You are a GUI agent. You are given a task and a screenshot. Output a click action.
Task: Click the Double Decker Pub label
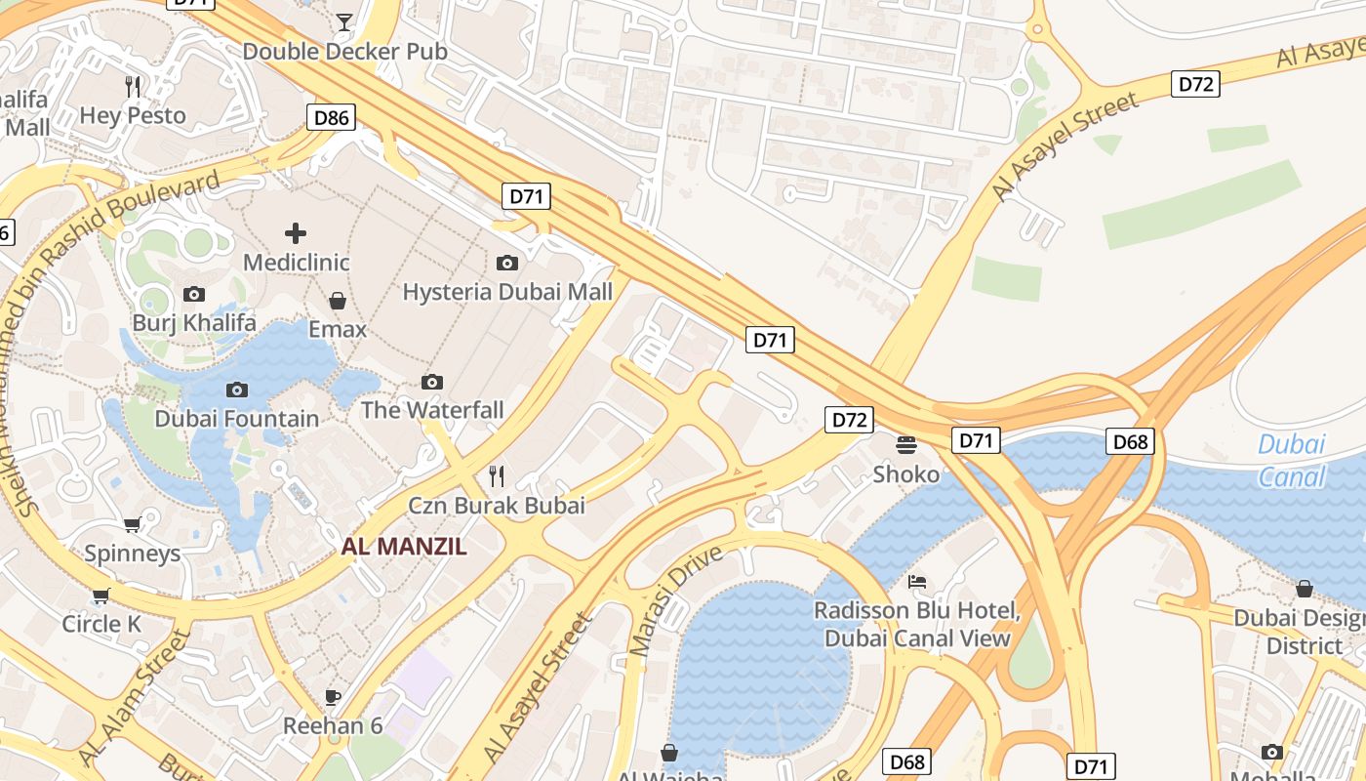[344, 51]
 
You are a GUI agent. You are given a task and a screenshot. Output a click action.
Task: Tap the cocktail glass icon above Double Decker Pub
[344, 21]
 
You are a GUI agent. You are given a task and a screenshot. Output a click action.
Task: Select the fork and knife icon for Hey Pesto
[134, 86]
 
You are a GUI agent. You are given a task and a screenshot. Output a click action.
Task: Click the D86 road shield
[331, 118]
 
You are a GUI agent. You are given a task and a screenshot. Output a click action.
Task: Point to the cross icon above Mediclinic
[296, 232]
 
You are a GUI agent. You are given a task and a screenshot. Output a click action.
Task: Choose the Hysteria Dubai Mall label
[507, 292]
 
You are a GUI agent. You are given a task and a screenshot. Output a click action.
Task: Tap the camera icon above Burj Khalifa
[194, 294]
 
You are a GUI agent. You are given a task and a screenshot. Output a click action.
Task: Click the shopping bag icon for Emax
[338, 300]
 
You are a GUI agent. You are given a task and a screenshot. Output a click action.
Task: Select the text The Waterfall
[432, 410]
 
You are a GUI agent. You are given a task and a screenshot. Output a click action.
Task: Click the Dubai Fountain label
[236, 419]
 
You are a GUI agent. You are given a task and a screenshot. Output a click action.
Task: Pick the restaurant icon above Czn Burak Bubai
[497, 475]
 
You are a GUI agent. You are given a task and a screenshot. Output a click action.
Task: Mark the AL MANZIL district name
[404, 547]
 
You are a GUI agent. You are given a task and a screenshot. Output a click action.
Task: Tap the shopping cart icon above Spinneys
[133, 524]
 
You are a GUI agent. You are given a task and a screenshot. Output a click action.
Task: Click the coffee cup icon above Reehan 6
[332, 697]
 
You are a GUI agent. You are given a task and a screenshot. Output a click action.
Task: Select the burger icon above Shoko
[906, 445]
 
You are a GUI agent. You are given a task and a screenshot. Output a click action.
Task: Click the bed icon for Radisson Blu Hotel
[917, 582]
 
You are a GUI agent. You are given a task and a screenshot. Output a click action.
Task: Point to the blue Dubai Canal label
[1291, 460]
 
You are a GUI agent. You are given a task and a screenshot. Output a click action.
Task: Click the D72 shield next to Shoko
[849, 420]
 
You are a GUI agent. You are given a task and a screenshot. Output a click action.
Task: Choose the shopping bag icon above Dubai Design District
[1304, 589]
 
